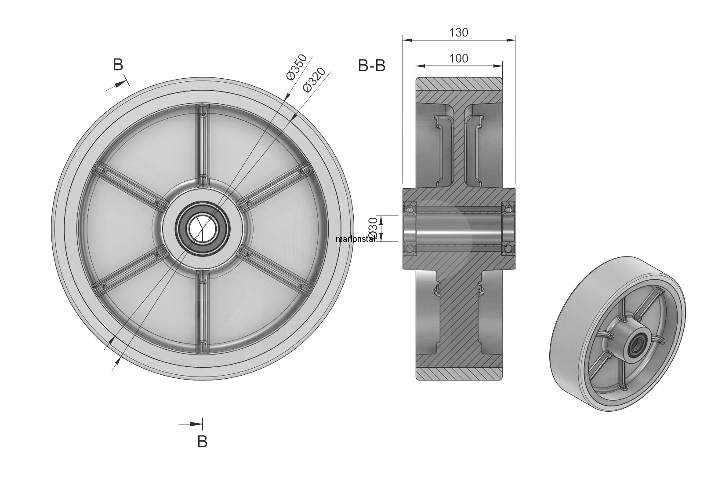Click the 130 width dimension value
[x=459, y=33]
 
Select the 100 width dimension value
[x=459, y=59]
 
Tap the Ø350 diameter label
[x=297, y=67]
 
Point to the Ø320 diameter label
[x=314, y=80]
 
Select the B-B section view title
[x=372, y=66]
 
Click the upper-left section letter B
[x=118, y=65]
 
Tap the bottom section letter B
[x=202, y=442]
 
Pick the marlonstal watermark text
[x=355, y=239]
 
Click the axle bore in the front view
[x=203, y=228]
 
